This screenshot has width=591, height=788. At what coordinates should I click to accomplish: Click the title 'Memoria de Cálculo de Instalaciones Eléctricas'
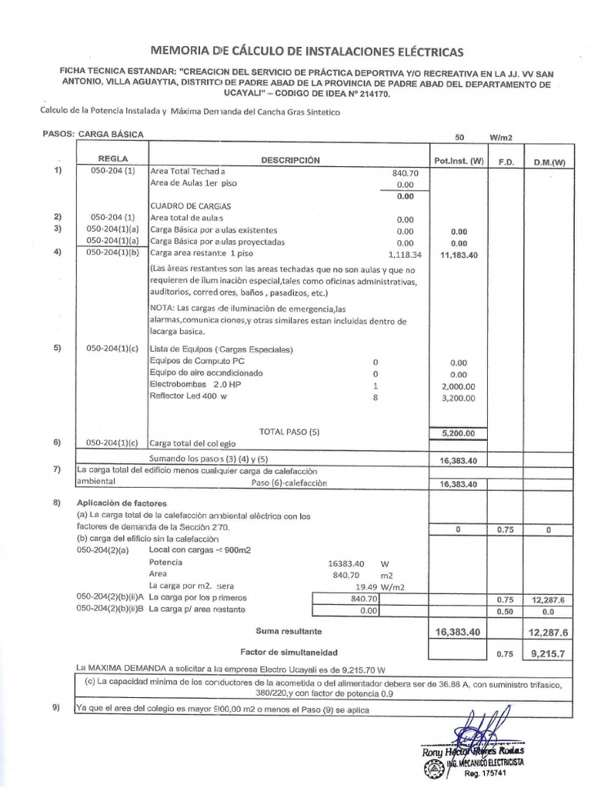point(308,52)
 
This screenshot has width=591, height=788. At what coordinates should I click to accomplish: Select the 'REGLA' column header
point(113,157)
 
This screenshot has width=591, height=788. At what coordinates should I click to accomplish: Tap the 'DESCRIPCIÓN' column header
point(289,160)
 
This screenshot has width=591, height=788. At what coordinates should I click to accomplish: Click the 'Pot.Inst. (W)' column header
point(459,161)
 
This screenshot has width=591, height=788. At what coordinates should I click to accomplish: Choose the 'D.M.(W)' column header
point(549,162)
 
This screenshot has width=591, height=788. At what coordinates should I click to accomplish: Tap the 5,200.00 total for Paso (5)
point(459,433)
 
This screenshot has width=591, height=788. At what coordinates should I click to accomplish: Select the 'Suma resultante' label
point(289,630)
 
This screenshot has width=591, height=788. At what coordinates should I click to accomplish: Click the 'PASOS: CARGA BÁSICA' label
point(93,133)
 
